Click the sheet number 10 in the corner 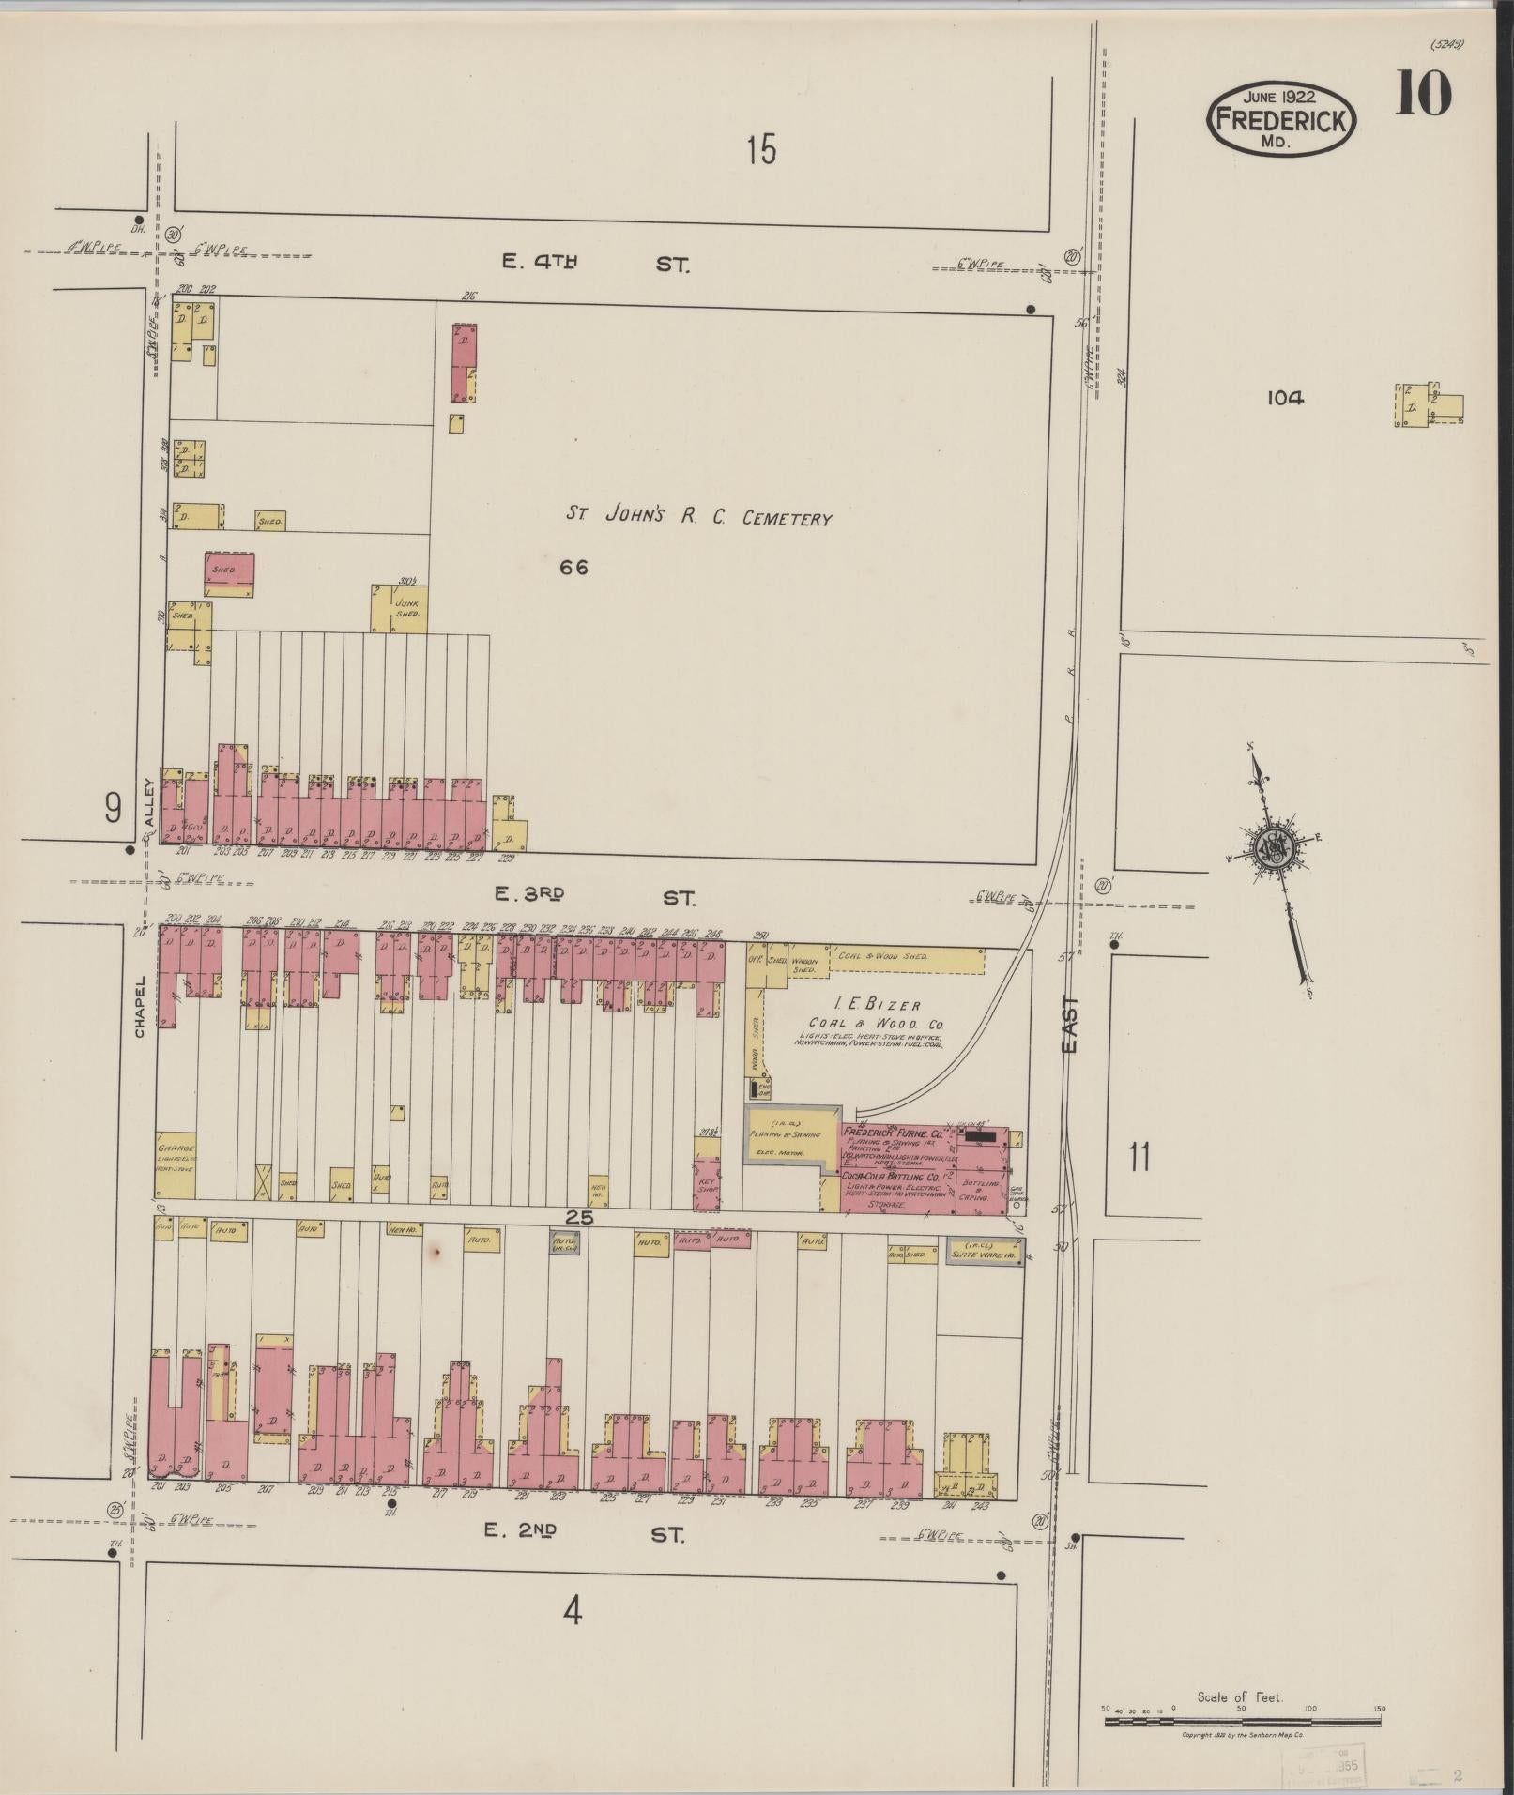click(1423, 94)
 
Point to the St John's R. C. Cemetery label click(698, 516)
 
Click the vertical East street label click(1072, 1024)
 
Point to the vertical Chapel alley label click(139, 1007)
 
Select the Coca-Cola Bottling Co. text click(890, 1176)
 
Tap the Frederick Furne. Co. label click(895, 1133)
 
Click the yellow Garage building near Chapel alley click(176, 1164)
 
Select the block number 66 click(573, 567)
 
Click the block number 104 click(1284, 398)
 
